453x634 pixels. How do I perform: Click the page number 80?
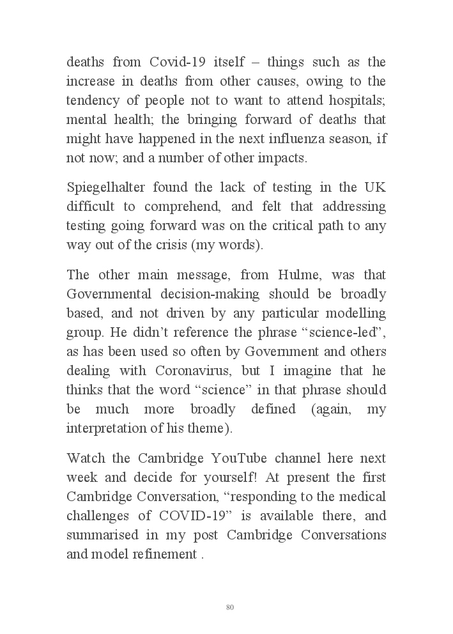point(230,607)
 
